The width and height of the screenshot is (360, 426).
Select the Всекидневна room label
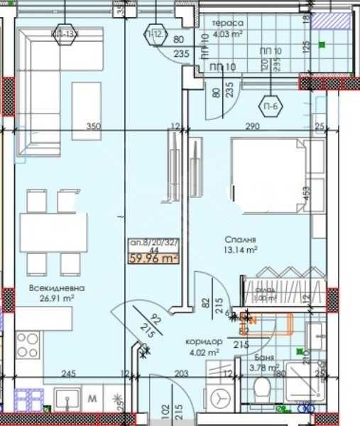click(58, 289)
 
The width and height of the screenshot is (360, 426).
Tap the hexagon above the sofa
click(65, 33)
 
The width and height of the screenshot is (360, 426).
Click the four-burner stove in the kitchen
click(27, 346)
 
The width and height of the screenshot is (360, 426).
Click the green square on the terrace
click(322, 45)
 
